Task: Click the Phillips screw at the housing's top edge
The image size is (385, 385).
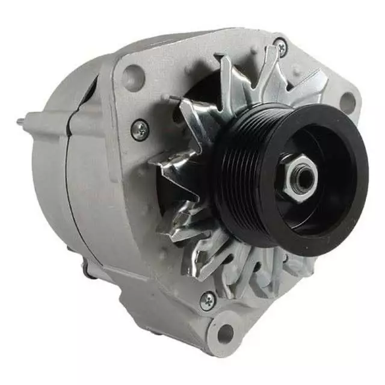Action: (280, 45)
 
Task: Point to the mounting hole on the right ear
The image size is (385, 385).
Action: (348, 101)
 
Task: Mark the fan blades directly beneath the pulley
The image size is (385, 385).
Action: (253, 265)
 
